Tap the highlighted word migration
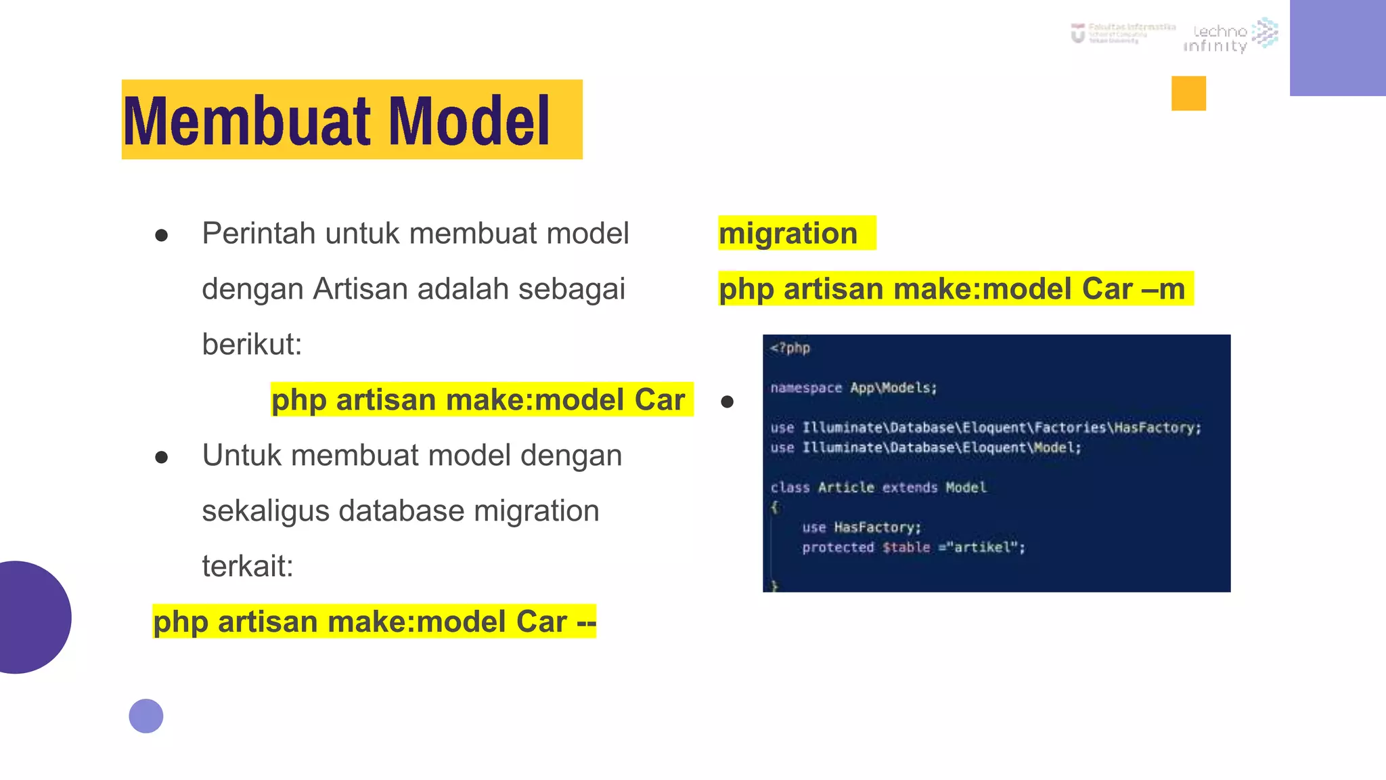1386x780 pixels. coord(788,234)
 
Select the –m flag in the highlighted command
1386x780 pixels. coord(1163,289)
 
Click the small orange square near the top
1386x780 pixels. coord(1188,93)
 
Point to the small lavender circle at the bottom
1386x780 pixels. coord(146,716)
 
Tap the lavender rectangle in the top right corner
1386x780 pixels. coord(1337,47)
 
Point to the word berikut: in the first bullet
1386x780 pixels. coord(252,345)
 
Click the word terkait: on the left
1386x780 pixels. coord(248,567)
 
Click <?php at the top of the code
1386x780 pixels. coord(790,348)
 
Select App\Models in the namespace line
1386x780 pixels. coord(893,388)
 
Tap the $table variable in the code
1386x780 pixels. coord(906,547)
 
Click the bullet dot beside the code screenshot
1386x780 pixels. coord(728,402)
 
